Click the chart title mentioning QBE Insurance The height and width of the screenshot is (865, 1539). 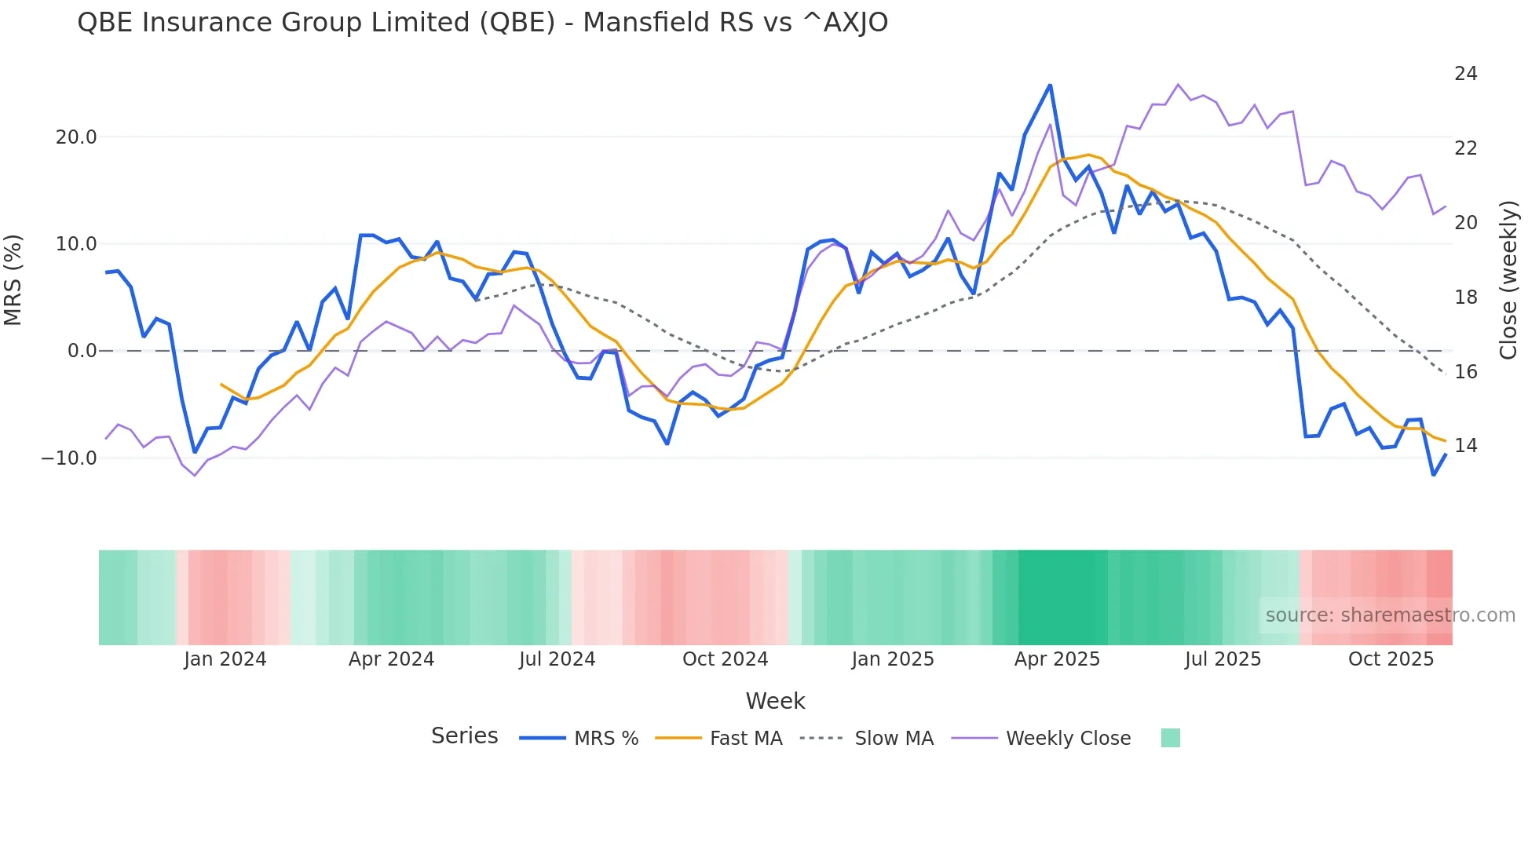tap(482, 23)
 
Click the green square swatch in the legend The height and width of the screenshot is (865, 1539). tap(1170, 738)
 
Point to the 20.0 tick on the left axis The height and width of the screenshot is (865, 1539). tap(76, 137)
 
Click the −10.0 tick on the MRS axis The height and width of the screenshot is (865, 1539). tap(69, 458)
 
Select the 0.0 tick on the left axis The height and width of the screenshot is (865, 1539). tap(82, 351)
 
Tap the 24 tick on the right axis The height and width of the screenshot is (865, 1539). tap(1465, 74)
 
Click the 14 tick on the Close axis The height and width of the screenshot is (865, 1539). tap(1465, 446)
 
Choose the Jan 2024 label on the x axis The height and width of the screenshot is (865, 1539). tap(225, 659)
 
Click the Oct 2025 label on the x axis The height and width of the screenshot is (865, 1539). tap(1391, 659)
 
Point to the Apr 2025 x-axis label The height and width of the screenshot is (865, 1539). tap(1057, 659)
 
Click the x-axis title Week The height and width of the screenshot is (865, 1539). tap(775, 701)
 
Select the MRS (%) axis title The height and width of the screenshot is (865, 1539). tap(13, 280)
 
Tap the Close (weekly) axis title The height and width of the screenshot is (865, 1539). tap(1508, 280)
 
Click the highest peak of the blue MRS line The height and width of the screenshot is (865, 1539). tap(1050, 86)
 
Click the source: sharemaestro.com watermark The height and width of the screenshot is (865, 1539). tap(1390, 615)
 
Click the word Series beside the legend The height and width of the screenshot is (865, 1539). tap(464, 736)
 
